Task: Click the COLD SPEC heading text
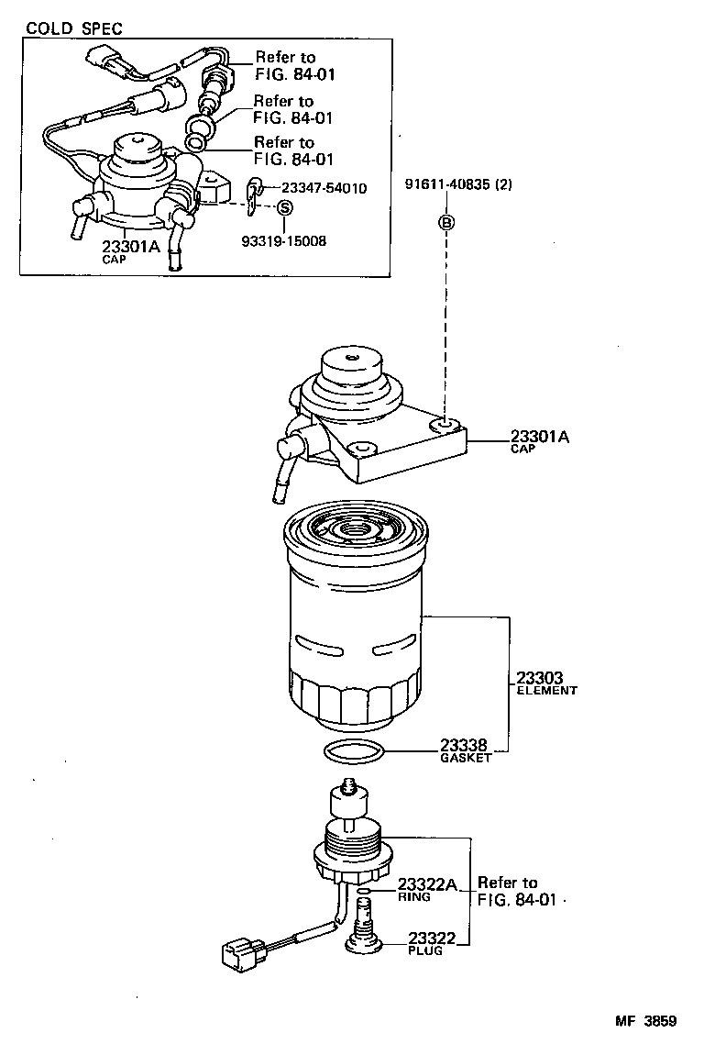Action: pos(73,28)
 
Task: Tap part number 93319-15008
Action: pos(283,240)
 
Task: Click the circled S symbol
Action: pos(284,207)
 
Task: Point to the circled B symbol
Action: pos(446,222)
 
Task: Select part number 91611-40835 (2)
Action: pos(458,184)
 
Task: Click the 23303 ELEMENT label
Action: pos(545,682)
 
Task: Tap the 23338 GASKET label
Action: pos(464,749)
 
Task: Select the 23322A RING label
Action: pos(426,887)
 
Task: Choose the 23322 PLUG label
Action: pos(431,942)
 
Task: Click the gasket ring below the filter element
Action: pos(355,751)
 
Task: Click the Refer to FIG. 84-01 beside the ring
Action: pos(516,891)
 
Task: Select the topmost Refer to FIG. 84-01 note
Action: pos(285,65)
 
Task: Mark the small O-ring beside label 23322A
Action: pos(365,890)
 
